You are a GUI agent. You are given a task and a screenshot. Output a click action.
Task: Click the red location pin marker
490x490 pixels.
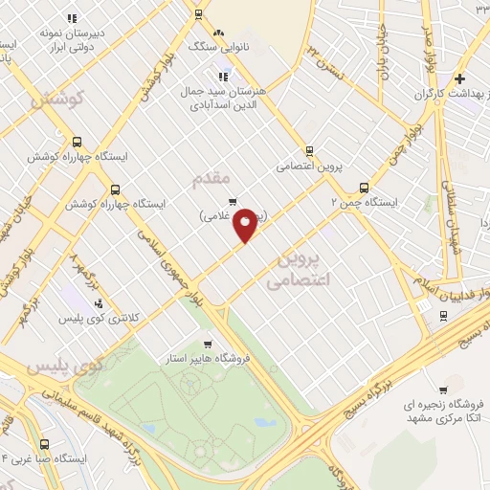pos(245,225)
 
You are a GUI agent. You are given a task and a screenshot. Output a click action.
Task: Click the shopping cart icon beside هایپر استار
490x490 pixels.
pos(208,343)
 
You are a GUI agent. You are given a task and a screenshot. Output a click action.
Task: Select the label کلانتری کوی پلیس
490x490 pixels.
pos(100,317)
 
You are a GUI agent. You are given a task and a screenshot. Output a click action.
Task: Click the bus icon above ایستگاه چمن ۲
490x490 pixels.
pos(364,188)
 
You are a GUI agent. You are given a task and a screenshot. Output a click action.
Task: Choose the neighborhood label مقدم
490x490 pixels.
pos(212,179)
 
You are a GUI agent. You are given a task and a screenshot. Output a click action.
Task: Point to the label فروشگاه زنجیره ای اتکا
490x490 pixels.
pos(442,412)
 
